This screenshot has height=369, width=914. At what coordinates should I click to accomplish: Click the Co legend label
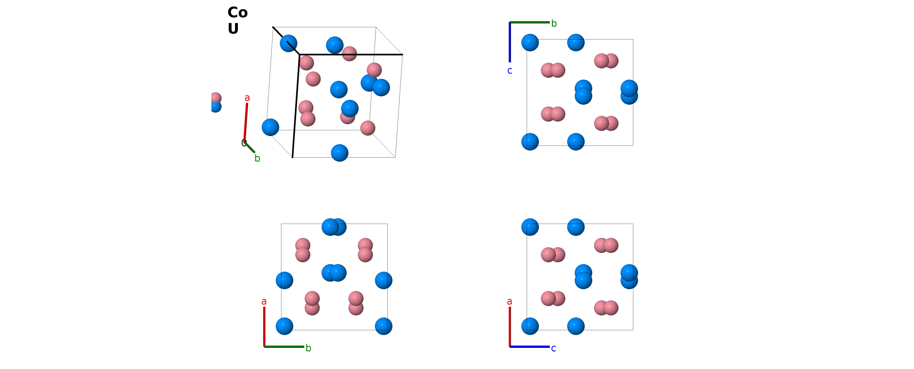pyautogui.click(x=237, y=13)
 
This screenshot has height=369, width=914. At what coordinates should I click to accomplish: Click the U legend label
pyautogui.click(x=233, y=29)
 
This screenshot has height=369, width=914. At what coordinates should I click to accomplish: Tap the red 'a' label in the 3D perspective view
pyautogui.click(x=247, y=98)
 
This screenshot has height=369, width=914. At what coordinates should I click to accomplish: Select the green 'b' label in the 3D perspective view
pyautogui.click(x=257, y=158)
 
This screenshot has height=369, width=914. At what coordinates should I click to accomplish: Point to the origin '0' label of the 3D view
pyautogui.click(x=244, y=143)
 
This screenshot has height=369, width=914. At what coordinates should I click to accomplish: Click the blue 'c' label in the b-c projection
pyautogui.click(x=510, y=71)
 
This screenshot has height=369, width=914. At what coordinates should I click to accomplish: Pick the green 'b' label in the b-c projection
pyautogui.click(x=554, y=24)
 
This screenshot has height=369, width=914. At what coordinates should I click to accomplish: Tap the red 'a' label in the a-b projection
pyautogui.click(x=264, y=302)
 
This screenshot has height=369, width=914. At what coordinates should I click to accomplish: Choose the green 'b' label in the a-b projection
pyautogui.click(x=308, y=348)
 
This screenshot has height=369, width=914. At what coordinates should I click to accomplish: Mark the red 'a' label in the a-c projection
pyautogui.click(x=510, y=302)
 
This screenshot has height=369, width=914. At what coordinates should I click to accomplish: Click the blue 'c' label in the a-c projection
pyautogui.click(x=554, y=349)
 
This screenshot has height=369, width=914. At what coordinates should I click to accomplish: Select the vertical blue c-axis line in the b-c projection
pyautogui.click(x=510, y=42)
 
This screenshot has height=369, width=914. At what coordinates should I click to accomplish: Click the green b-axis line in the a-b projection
pyautogui.click(x=284, y=347)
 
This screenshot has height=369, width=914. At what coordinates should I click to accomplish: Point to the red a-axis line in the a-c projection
pyautogui.click(x=510, y=327)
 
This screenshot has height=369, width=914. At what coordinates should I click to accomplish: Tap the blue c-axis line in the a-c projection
pyautogui.click(x=530, y=347)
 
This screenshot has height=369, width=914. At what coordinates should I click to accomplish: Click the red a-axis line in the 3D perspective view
pyautogui.click(x=246, y=122)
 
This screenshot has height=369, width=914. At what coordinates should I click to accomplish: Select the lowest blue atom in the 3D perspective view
pyautogui.click(x=340, y=153)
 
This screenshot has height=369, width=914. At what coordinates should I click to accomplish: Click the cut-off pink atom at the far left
pyautogui.click(x=216, y=98)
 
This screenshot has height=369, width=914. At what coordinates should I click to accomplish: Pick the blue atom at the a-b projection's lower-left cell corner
pyautogui.click(x=284, y=326)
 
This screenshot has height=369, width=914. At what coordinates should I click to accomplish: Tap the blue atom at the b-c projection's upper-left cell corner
pyautogui.click(x=530, y=43)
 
